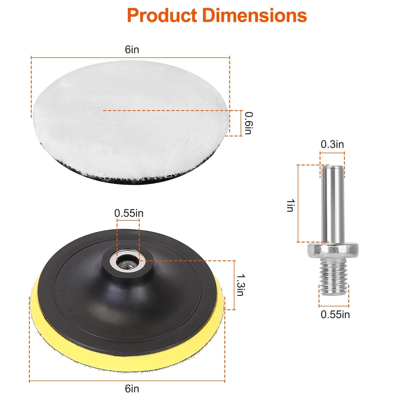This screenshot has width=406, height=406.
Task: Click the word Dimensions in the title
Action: (254, 15)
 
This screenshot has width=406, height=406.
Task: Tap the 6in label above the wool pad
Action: (132, 50)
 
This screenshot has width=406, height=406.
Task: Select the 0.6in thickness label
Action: (248, 123)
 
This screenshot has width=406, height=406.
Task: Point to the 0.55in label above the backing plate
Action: (129, 213)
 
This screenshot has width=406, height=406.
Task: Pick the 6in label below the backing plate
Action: (132, 389)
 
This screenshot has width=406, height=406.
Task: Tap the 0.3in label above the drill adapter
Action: (332, 144)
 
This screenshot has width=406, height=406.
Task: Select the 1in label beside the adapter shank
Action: (290, 205)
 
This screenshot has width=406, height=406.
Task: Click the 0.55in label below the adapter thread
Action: (335, 315)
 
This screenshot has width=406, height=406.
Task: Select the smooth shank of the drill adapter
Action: (332, 203)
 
